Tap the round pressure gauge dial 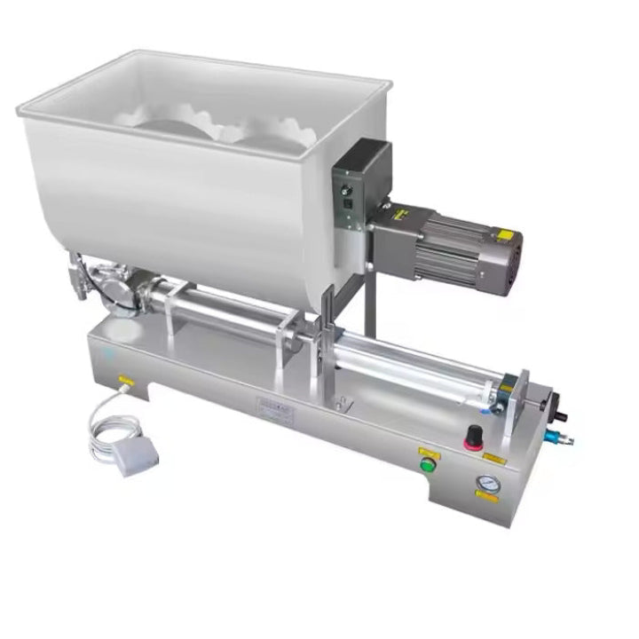(485, 485)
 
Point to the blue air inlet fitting (561, 438)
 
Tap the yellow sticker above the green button (427, 450)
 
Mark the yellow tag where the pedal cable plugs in (126, 380)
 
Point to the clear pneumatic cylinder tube (417, 364)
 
